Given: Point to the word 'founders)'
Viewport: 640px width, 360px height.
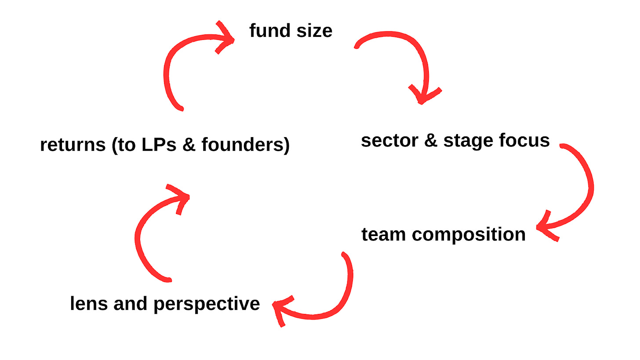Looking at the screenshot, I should tap(245, 145).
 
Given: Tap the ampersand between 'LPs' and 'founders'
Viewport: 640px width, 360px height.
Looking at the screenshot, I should tap(188, 145).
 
